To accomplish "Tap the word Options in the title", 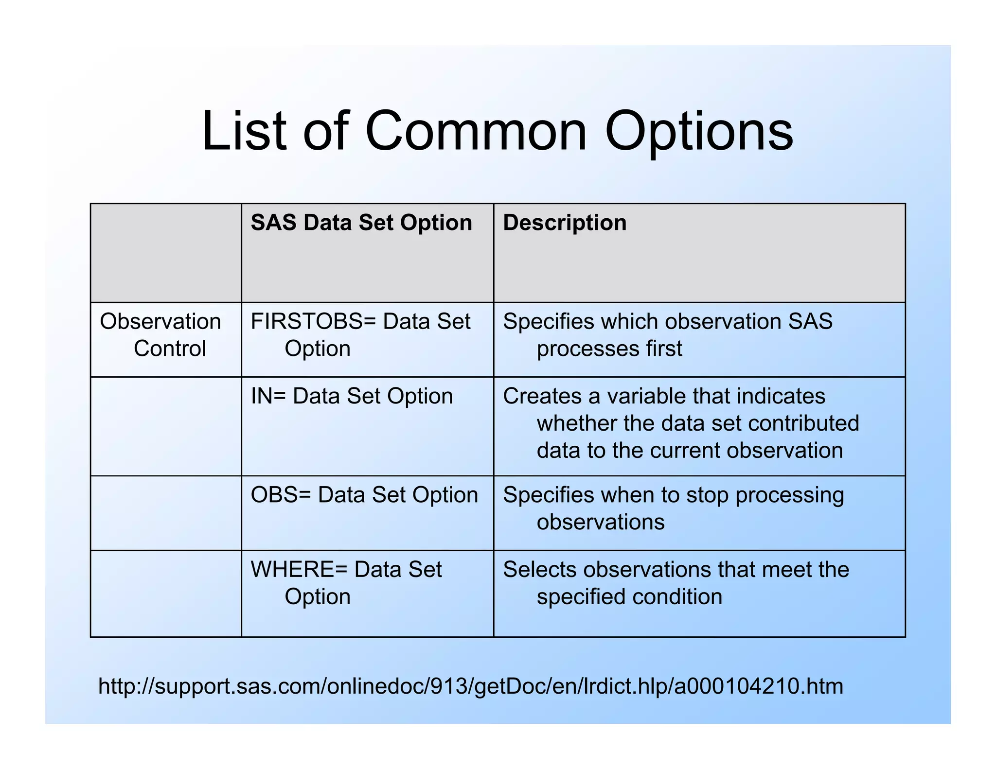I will point(698,131).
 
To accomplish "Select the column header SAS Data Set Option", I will point(361,223).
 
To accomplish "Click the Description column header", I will point(565,223).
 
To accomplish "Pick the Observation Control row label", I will point(160,335).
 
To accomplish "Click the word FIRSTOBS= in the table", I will point(314,321).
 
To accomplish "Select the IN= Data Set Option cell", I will point(352,396).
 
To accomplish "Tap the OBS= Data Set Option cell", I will point(364,495).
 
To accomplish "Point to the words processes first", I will point(609,349).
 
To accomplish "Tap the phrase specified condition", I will point(629,596).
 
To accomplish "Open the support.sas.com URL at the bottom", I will point(470,686).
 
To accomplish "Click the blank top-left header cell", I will point(166,253).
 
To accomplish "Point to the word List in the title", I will point(244,131).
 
